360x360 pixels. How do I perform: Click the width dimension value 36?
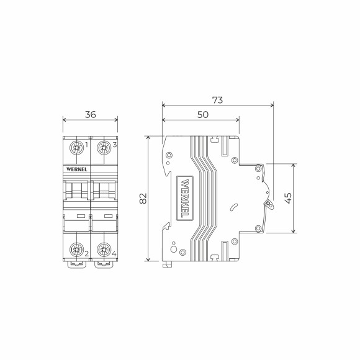click(x=91, y=114)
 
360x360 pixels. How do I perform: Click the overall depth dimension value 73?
click(x=217, y=99)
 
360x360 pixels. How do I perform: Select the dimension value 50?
click(x=202, y=115)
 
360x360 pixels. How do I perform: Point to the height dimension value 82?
click(x=142, y=199)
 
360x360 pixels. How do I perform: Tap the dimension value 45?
click(x=287, y=198)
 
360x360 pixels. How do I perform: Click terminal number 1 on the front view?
click(x=86, y=146)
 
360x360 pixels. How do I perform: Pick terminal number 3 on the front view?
click(x=115, y=146)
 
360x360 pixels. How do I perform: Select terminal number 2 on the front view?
click(x=86, y=253)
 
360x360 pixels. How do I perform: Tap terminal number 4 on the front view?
click(x=115, y=253)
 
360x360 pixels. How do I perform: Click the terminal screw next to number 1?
click(x=78, y=148)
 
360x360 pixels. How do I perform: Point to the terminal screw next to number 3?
click(x=104, y=148)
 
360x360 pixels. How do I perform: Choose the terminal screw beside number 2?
click(x=78, y=250)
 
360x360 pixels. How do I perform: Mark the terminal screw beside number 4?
click(x=104, y=250)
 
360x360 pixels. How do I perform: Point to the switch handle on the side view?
click(x=268, y=202)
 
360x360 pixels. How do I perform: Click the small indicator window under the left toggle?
click(x=80, y=215)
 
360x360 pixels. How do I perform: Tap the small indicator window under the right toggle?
click(x=107, y=215)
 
